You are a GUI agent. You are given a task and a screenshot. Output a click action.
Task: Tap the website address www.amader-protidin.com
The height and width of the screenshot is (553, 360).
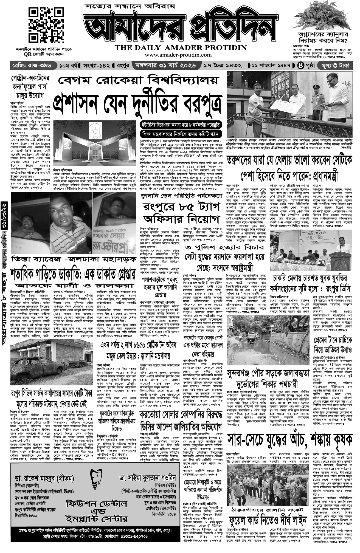pos(180,55)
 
